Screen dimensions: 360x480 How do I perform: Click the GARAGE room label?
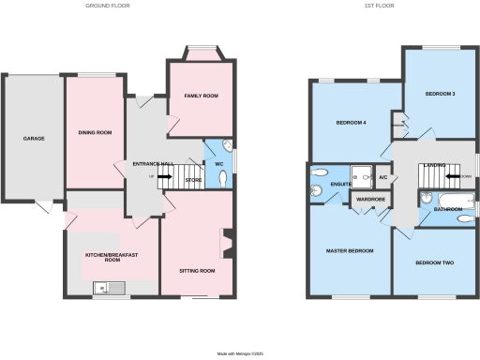pyautogui.click(x=34, y=138)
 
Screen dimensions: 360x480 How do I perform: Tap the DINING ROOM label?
pyautogui.click(x=95, y=133)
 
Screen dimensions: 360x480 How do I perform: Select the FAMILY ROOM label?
pyautogui.click(x=201, y=96)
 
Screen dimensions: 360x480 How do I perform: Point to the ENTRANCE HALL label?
pyautogui.click(x=154, y=164)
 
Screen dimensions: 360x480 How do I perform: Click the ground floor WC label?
pyautogui.click(x=217, y=164)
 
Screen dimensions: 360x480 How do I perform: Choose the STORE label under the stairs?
pyautogui.click(x=193, y=179)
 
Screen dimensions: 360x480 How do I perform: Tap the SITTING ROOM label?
pyautogui.click(x=197, y=270)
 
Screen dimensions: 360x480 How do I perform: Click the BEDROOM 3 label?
pyautogui.click(x=440, y=94)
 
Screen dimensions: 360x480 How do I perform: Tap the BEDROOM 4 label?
pyautogui.click(x=351, y=123)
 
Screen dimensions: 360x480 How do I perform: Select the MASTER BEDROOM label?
pyautogui.click(x=350, y=251)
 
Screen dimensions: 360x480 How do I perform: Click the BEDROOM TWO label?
pyautogui.click(x=435, y=262)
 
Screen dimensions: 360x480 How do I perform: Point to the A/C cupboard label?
pyautogui.click(x=383, y=177)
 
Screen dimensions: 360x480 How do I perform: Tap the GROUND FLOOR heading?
pyautogui.click(x=108, y=7)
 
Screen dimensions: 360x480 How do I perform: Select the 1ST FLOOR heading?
pyautogui.click(x=379, y=7)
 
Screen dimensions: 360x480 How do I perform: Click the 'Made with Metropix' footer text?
pyautogui.click(x=240, y=352)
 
